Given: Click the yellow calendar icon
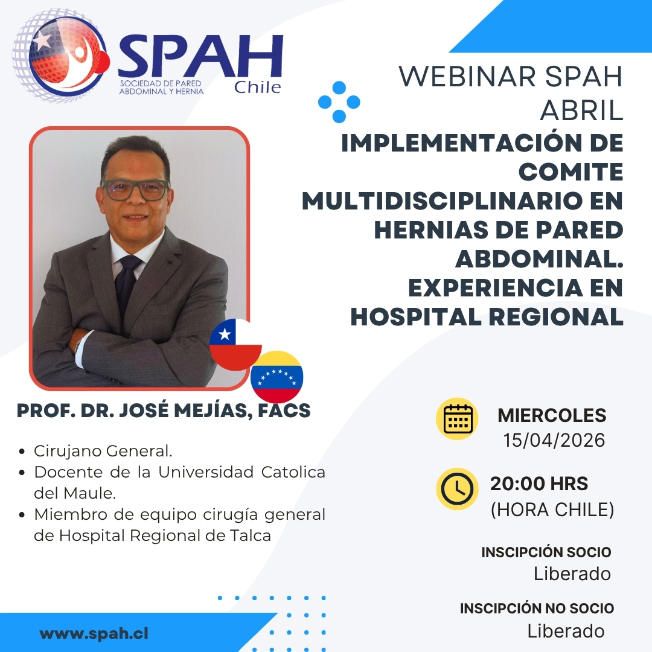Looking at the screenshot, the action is click(x=457, y=419).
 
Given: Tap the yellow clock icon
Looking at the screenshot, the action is click(x=457, y=489).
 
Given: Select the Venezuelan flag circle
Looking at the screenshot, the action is click(x=276, y=377).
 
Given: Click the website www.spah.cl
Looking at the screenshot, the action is click(x=94, y=634).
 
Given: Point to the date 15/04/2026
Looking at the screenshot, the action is click(x=554, y=440).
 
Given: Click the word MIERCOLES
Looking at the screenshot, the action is click(x=552, y=415).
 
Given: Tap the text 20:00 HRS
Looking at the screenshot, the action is click(x=539, y=484).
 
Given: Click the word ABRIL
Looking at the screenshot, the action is click(x=581, y=111).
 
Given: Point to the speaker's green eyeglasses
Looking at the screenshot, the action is click(x=135, y=190).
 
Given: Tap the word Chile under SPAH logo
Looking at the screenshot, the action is click(x=257, y=88).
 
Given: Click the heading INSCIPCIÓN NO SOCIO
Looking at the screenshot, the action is click(x=537, y=609).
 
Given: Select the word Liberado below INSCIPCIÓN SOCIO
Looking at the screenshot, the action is click(x=572, y=574).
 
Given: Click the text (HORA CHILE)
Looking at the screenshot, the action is click(x=552, y=510).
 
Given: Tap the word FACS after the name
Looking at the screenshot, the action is click(x=284, y=411).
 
